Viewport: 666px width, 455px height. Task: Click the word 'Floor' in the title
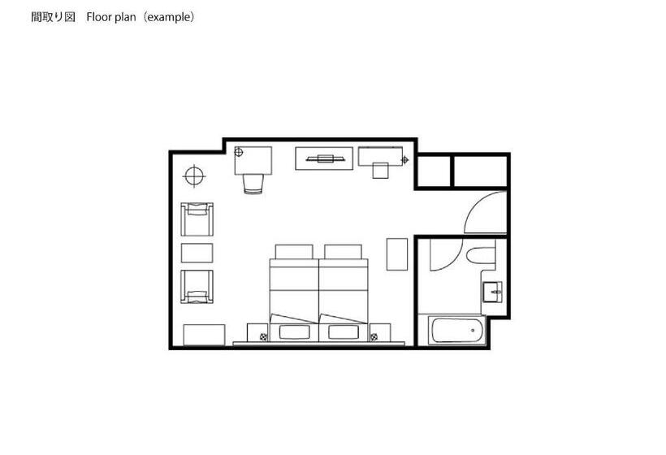[99, 17]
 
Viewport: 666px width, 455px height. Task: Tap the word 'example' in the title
[169, 17]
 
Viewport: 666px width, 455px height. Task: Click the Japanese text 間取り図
[53, 17]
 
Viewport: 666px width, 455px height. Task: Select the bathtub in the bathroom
[456, 330]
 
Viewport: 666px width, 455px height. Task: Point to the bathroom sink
[492, 292]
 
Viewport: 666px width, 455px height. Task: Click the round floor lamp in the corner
[195, 175]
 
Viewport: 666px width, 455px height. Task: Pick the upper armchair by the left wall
[197, 219]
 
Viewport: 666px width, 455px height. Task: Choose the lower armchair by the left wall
[197, 287]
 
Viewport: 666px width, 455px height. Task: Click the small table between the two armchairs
[197, 253]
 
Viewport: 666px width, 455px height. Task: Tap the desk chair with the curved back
[253, 184]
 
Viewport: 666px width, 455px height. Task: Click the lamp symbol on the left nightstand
[263, 337]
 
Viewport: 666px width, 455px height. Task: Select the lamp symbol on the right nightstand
[374, 337]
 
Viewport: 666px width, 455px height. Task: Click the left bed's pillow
[294, 252]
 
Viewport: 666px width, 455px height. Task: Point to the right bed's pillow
[343, 252]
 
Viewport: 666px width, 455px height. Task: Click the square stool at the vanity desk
[381, 171]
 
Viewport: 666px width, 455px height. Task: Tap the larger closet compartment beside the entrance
[480, 171]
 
